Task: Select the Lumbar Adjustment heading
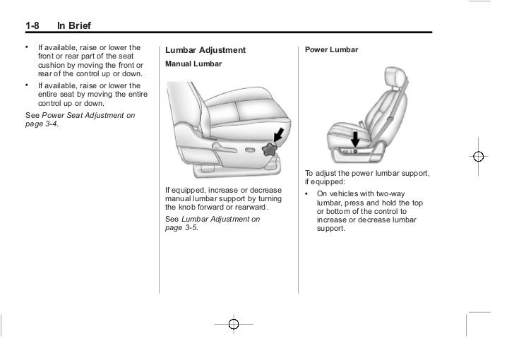[x=205, y=51]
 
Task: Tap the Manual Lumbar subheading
[x=193, y=64]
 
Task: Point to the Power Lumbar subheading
[x=331, y=50]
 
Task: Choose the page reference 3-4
[x=50, y=124]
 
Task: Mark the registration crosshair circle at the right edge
[x=479, y=157]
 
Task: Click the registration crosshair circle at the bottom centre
[x=234, y=324]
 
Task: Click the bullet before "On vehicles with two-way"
[x=308, y=193]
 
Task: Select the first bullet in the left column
[x=27, y=47]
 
